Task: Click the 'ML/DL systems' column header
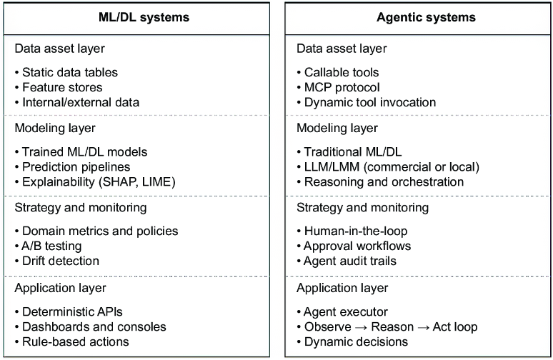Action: [x=144, y=17]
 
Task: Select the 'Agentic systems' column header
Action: [x=426, y=17]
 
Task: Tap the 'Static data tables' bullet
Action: [x=70, y=72]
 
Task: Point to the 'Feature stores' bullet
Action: [x=62, y=87]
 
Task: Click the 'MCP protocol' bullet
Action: [x=342, y=87]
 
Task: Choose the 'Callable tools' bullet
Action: [x=342, y=72]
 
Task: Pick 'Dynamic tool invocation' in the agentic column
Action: [x=370, y=102]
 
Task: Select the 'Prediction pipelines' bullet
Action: [x=76, y=166]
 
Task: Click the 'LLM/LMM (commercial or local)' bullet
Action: [x=392, y=166]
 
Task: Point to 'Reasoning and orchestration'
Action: [x=384, y=182]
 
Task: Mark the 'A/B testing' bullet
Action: [x=51, y=246]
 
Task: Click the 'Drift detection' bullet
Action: [x=61, y=261]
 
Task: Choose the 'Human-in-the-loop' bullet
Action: [x=356, y=231]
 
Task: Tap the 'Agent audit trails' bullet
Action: [x=349, y=261]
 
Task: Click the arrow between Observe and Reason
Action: [x=361, y=328]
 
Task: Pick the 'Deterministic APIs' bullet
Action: [x=72, y=311]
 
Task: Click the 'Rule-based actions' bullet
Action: [x=76, y=341]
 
